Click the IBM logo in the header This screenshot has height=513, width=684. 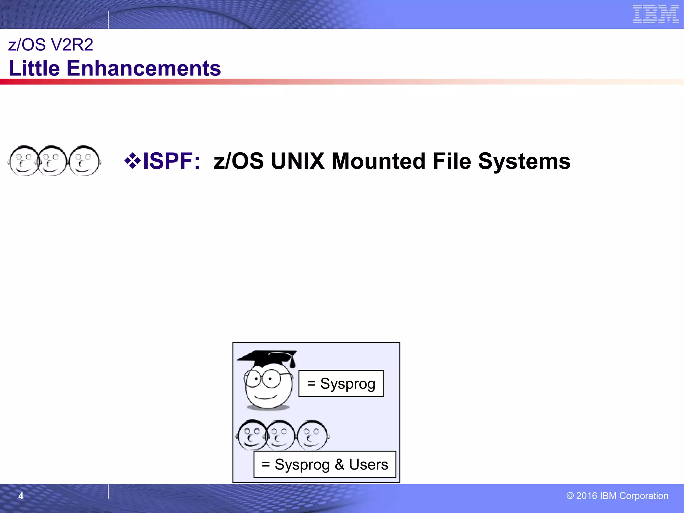(x=655, y=14)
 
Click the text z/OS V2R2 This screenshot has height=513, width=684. (x=50, y=45)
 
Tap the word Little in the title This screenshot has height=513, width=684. (x=34, y=68)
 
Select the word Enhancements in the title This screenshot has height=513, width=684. (x=144, y=68)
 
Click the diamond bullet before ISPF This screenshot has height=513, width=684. (x=132, y=161)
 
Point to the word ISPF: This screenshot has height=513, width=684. (x=171, y=161)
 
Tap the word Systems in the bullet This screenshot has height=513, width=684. (x=524, y=161)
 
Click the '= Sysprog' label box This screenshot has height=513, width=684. (x=341, y=383)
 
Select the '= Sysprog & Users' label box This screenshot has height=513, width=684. (x=325, y=464)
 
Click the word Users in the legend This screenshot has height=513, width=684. (x=368, y=464)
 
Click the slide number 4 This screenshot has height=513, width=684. (x=21, y=496)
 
